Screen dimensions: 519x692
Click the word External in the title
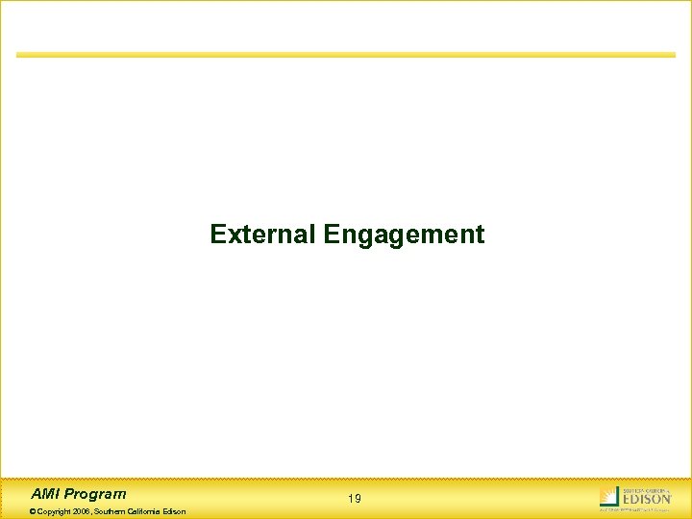tap(263, 235)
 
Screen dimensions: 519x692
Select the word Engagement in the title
tap(405, 235)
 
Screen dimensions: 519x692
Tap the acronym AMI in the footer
tap(46, 494)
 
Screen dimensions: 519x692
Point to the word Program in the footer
tap(96, 494)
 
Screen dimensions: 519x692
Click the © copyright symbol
tap(34, 511)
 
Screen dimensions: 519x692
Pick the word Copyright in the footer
tap(55, 511)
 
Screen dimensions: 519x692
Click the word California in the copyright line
tap(148, 511)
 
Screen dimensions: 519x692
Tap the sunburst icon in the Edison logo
tap(608, 497)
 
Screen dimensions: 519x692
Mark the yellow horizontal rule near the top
tap(346, 55)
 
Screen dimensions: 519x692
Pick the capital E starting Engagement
tap(332, 235)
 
